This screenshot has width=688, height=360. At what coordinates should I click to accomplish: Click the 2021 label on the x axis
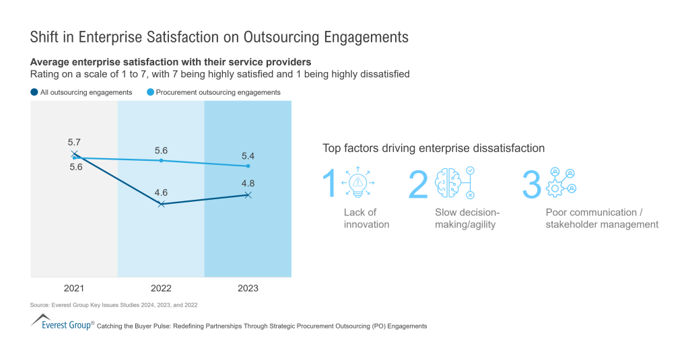pos(74,288)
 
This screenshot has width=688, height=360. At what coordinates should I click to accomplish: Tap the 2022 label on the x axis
pos(161,288)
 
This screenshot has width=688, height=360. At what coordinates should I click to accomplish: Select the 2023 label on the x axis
pos(248,288)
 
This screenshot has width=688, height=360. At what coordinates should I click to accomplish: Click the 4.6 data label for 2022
pos(161,192)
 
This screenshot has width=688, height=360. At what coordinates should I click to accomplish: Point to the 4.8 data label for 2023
pos(248,183)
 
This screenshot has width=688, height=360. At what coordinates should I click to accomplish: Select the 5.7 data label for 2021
pos(74,142)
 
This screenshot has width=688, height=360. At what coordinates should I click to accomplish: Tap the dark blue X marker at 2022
pos(161,203)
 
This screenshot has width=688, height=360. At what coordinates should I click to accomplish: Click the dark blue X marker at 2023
pos(248,195)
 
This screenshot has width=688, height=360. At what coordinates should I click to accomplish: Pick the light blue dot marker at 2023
pos(248,166)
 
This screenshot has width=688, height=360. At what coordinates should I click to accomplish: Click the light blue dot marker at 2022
pos(161,160)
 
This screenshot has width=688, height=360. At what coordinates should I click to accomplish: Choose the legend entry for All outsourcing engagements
pos(81,92)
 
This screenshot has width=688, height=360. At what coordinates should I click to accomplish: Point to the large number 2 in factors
pos(418,184)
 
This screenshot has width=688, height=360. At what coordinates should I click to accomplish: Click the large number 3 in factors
pos(531,184)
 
